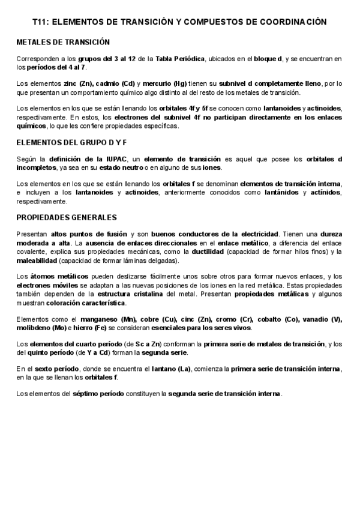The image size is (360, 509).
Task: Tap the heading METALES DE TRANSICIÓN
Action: (x=63, y=43)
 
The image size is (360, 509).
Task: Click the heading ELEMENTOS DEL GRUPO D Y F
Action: (x=72, y=144)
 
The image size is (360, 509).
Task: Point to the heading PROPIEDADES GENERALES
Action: (x=66, y=217)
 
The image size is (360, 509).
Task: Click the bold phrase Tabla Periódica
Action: (x=181, y=58)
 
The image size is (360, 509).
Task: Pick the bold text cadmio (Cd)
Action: (x=119, y=82)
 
